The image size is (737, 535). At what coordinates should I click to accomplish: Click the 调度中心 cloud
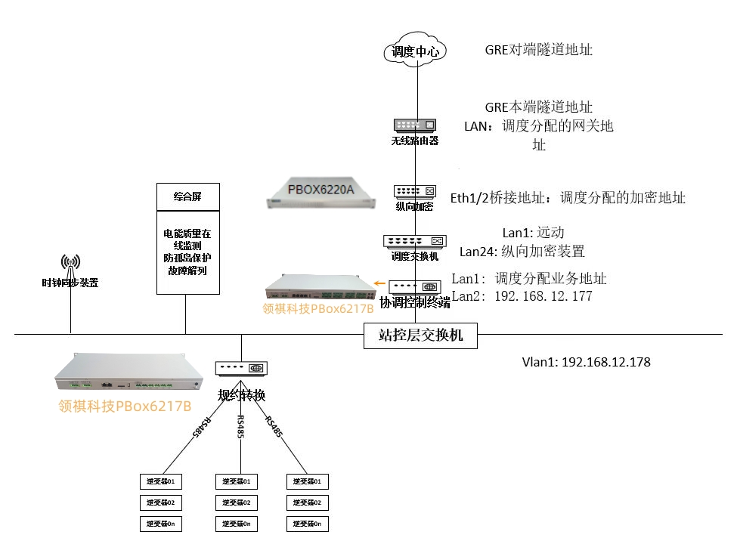pos(414,52)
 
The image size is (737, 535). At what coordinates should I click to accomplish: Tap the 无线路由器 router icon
pos(414,125)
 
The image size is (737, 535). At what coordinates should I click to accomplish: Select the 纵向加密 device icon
pos(414,192)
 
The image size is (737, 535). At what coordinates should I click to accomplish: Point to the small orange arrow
pos(382,286)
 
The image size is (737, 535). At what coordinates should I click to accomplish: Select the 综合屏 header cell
pos(187,196)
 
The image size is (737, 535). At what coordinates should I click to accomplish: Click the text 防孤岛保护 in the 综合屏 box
pos(187,257)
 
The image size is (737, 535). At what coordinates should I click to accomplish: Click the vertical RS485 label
pos(240,428)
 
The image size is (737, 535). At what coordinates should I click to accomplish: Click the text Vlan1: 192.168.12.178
pos(586,362)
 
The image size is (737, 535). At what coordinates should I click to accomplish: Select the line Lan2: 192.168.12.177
pos(522,296)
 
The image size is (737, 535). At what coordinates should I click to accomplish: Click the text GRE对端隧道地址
pos(538,50)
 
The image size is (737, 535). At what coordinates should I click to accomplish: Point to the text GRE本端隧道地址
pos(538,107)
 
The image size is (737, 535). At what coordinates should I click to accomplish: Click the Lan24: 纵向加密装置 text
pos(522,251)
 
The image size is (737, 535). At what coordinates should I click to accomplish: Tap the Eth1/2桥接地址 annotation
pos(568,198)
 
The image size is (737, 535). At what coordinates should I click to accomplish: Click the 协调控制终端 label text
pos(414,302)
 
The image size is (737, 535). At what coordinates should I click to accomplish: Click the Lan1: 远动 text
pos(534,233)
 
